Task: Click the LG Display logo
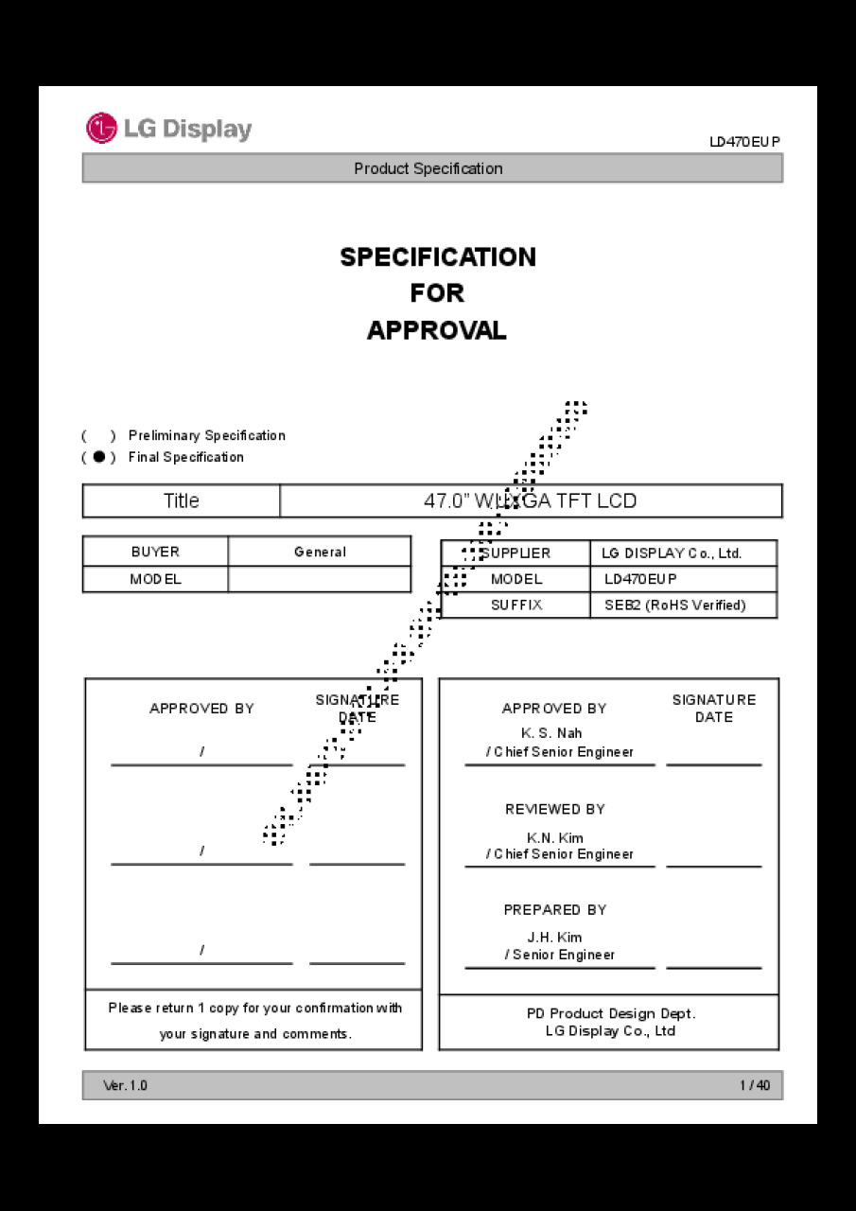click(169, 129)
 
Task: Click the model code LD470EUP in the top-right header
click(744, 142)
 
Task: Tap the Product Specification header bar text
click(428, 168)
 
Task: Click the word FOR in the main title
click(437, 293)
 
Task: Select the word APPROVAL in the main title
click(437, 330)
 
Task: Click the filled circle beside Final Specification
click(99, 457)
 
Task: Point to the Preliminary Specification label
click(206, 435)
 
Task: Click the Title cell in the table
click(182, 500)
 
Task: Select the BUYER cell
click(155, 552)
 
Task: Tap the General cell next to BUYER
click(320, 552)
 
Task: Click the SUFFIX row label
click(516, 605)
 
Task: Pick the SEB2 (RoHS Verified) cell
click(674, 605)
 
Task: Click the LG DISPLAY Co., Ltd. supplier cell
click(672, 553)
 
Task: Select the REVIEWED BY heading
click(555, 809)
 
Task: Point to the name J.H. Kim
click(554, 938)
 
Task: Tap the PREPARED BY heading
click(555, 909)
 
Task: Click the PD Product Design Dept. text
click(611, 1013)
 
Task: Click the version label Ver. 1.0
click(125, 1085)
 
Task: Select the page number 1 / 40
click(755, 1085)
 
